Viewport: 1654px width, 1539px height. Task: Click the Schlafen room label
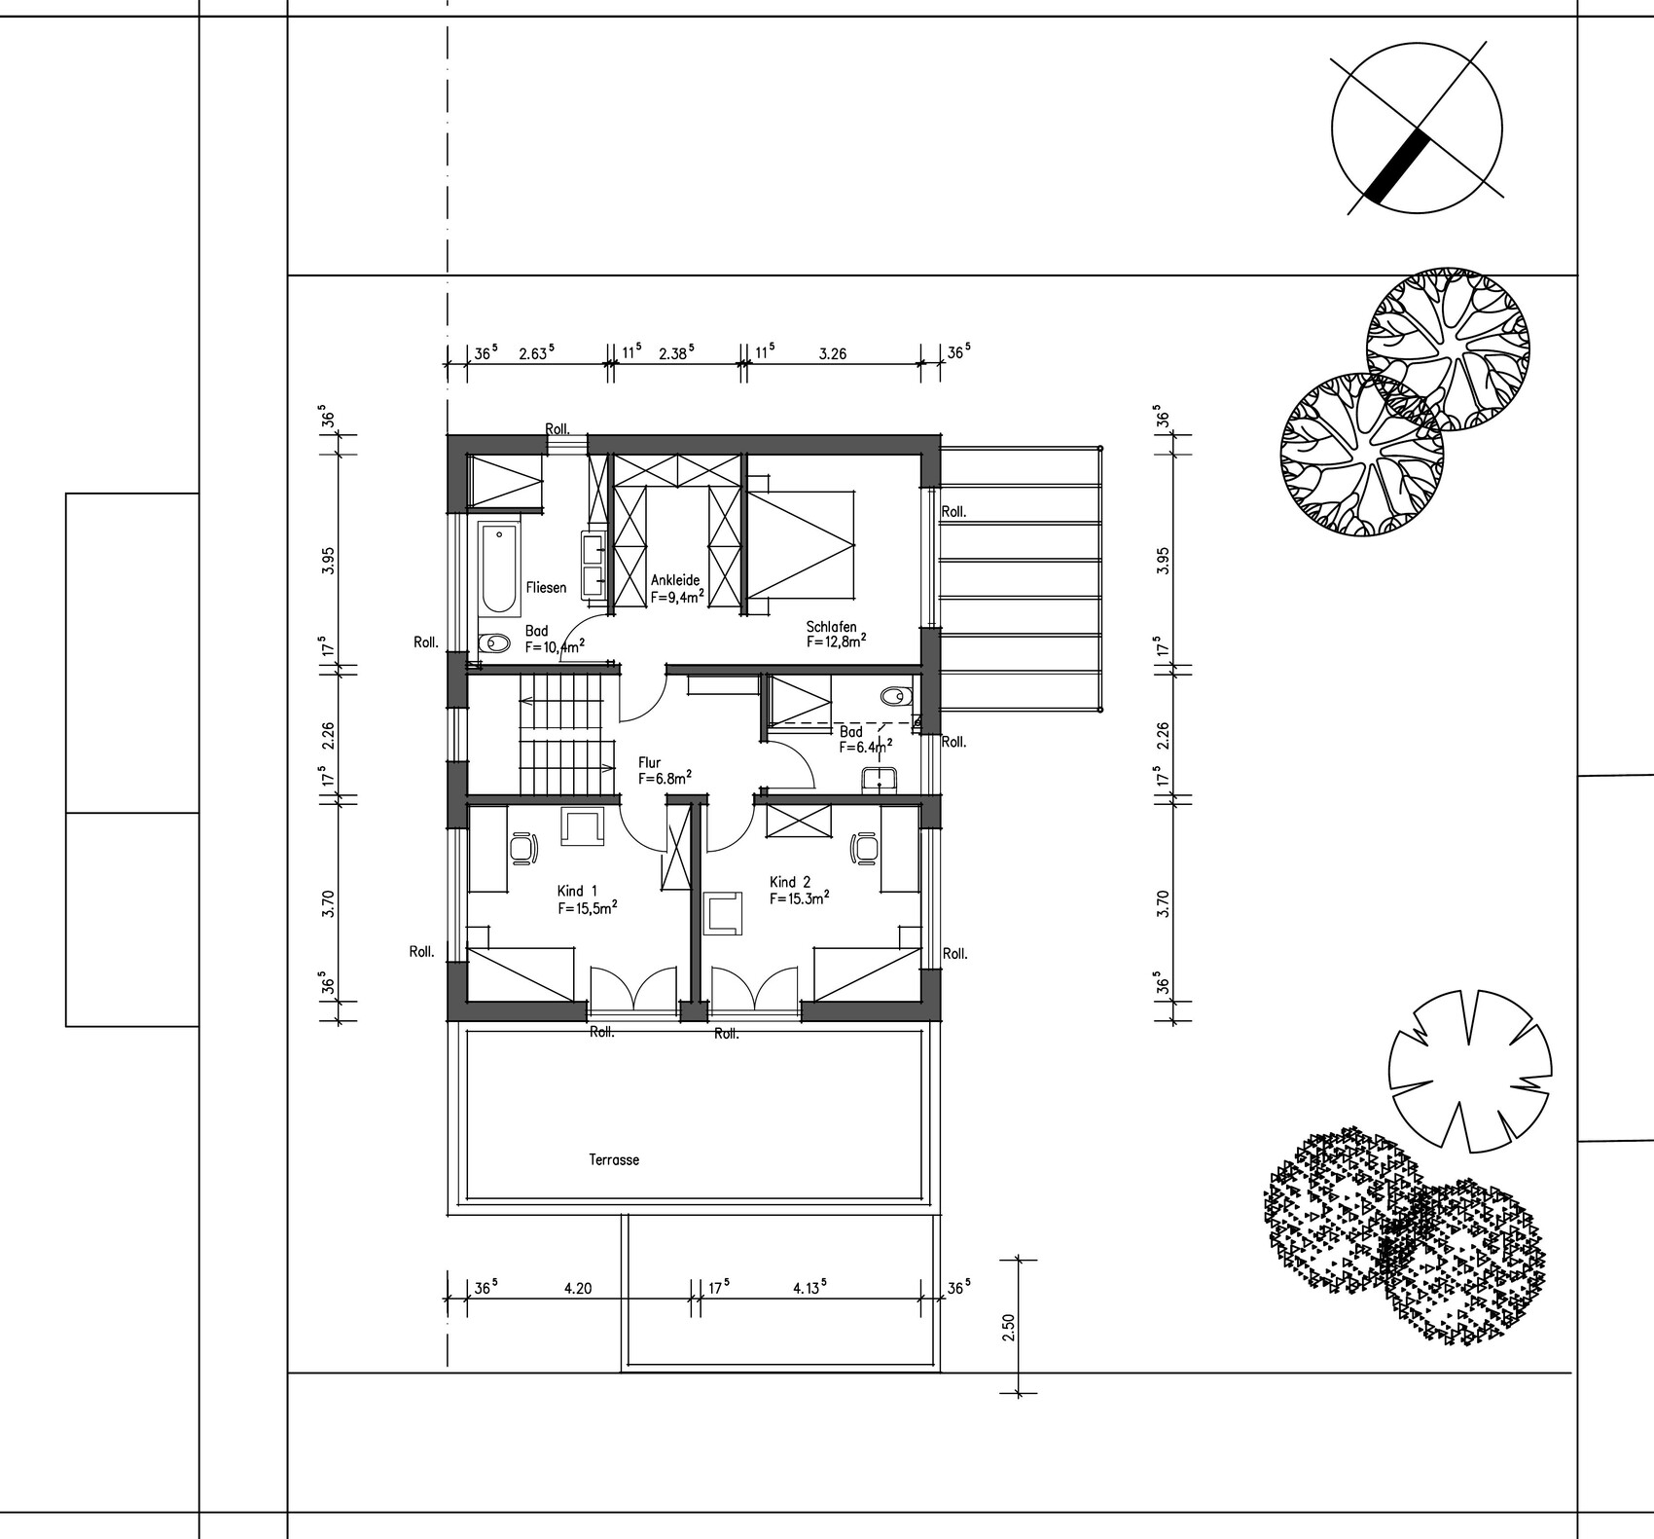[831, 627]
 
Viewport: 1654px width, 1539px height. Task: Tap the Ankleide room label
[675, 580]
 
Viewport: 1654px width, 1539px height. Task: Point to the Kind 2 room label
[790, 882]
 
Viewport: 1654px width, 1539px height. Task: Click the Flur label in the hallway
[650, 763]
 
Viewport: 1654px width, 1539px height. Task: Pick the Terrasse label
[614, 1160]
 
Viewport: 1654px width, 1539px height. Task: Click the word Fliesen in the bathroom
[546, 587]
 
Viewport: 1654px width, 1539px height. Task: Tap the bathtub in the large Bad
[499, 568]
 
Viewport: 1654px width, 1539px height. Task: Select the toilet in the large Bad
[494, 643]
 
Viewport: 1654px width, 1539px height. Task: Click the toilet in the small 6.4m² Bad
[893, 697]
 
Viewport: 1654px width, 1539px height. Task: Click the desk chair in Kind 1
[524, 847]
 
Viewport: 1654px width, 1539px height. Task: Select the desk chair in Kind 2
[864, 847]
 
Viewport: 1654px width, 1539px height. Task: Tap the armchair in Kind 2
[723, 913]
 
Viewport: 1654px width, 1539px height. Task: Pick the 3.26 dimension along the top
[833, 354]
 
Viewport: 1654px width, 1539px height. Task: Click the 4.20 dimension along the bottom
[578, 1289]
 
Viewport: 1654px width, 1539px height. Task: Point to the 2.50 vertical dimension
[1008, 1327]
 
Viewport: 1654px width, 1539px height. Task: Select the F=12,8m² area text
[836, 641]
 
